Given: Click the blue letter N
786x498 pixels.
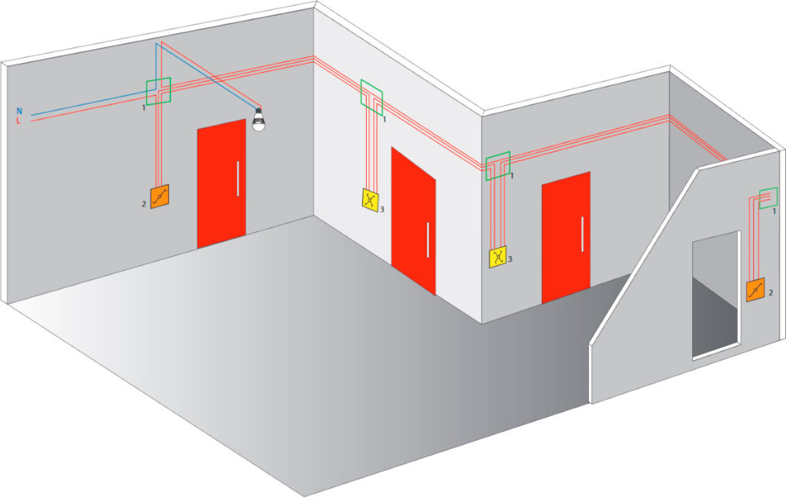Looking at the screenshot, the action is (19, 110).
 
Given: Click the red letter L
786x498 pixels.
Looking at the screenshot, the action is (18, 120).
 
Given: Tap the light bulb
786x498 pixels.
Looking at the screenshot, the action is (258, 119).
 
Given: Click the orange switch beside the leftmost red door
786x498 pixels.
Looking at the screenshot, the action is (160, 196).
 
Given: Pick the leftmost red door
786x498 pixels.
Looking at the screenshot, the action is (221, 183).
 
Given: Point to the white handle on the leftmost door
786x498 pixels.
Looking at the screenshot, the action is (238, 178).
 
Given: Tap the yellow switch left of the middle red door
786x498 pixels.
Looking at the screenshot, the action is (370, 200).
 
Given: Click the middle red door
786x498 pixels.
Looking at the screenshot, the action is (414, 220).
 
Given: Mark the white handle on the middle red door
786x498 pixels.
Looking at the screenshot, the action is (428, 240).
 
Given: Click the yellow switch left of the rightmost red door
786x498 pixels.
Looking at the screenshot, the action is (497, 257).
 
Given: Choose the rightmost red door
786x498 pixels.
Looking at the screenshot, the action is (566, 237).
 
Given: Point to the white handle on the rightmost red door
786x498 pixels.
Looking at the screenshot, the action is (582, 234).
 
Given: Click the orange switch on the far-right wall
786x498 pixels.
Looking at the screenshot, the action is (755, 289).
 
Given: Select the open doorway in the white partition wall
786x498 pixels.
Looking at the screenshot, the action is (716, 295).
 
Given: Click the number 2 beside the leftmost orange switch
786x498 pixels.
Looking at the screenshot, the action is (144, 204).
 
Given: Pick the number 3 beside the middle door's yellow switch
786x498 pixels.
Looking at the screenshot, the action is (382, 209).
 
